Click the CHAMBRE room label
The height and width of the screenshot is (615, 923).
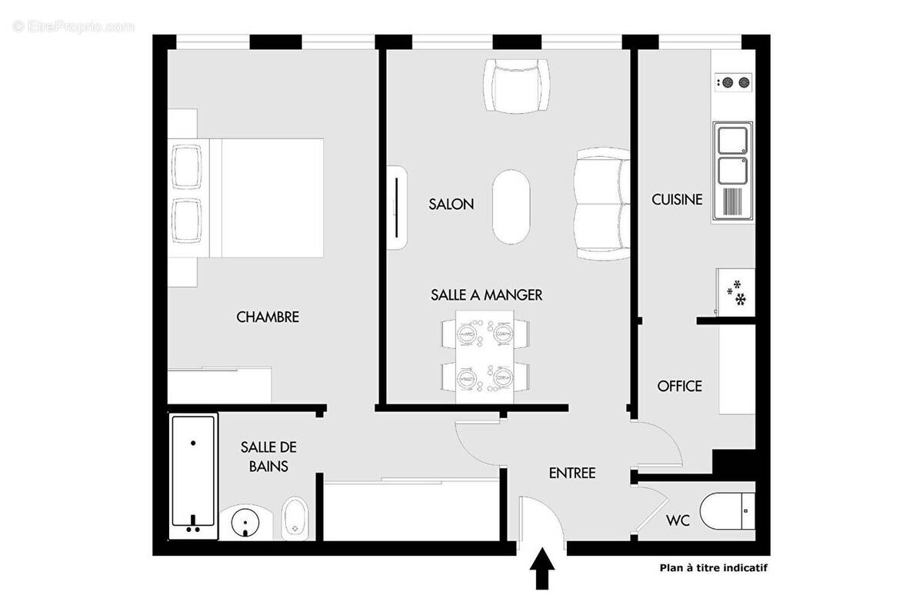[268, 317]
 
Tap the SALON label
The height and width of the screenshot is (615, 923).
[451, 204]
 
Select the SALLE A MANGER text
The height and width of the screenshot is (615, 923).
[486, 294]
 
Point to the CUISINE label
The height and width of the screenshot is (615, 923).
[677, 199]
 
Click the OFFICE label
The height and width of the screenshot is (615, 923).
[679, 386]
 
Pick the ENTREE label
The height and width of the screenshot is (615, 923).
[571, 473]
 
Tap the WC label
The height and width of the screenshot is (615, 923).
[678, 520]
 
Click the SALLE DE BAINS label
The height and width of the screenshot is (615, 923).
[268, 456]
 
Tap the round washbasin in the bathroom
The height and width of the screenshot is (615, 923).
[245, 523]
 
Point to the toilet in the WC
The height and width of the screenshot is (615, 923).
[731, 510]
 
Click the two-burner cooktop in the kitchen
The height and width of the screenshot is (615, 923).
[733, 82]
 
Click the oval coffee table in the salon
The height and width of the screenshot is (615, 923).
[511, 206]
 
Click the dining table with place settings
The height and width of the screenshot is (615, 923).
[485, 355]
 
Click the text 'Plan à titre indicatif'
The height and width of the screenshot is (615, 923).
[714, 569]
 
